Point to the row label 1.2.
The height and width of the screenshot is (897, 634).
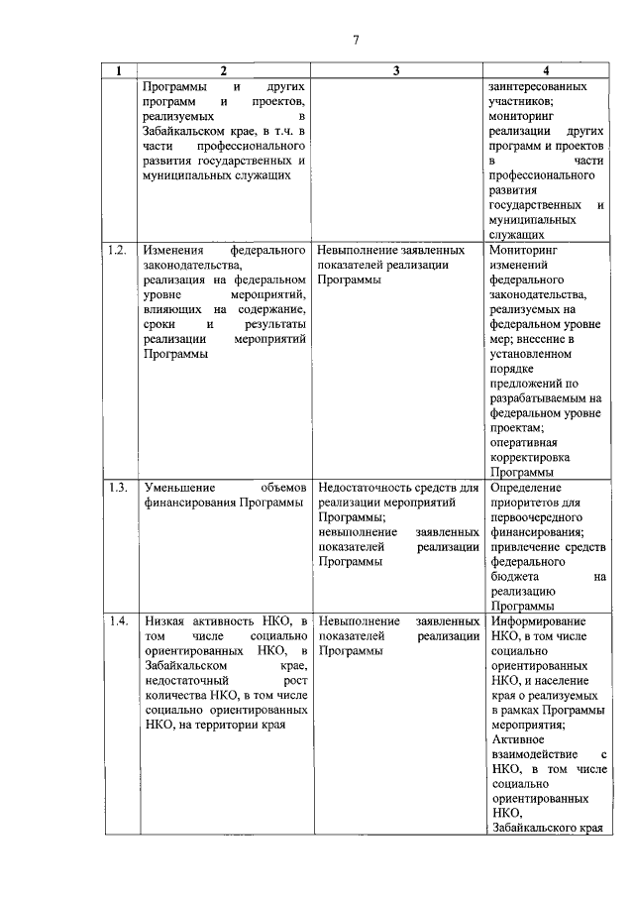pos(116,250)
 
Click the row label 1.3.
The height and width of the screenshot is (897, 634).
pos(116,487)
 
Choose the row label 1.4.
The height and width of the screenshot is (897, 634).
pos(116,620)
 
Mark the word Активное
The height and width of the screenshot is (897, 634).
pos(517,739)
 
